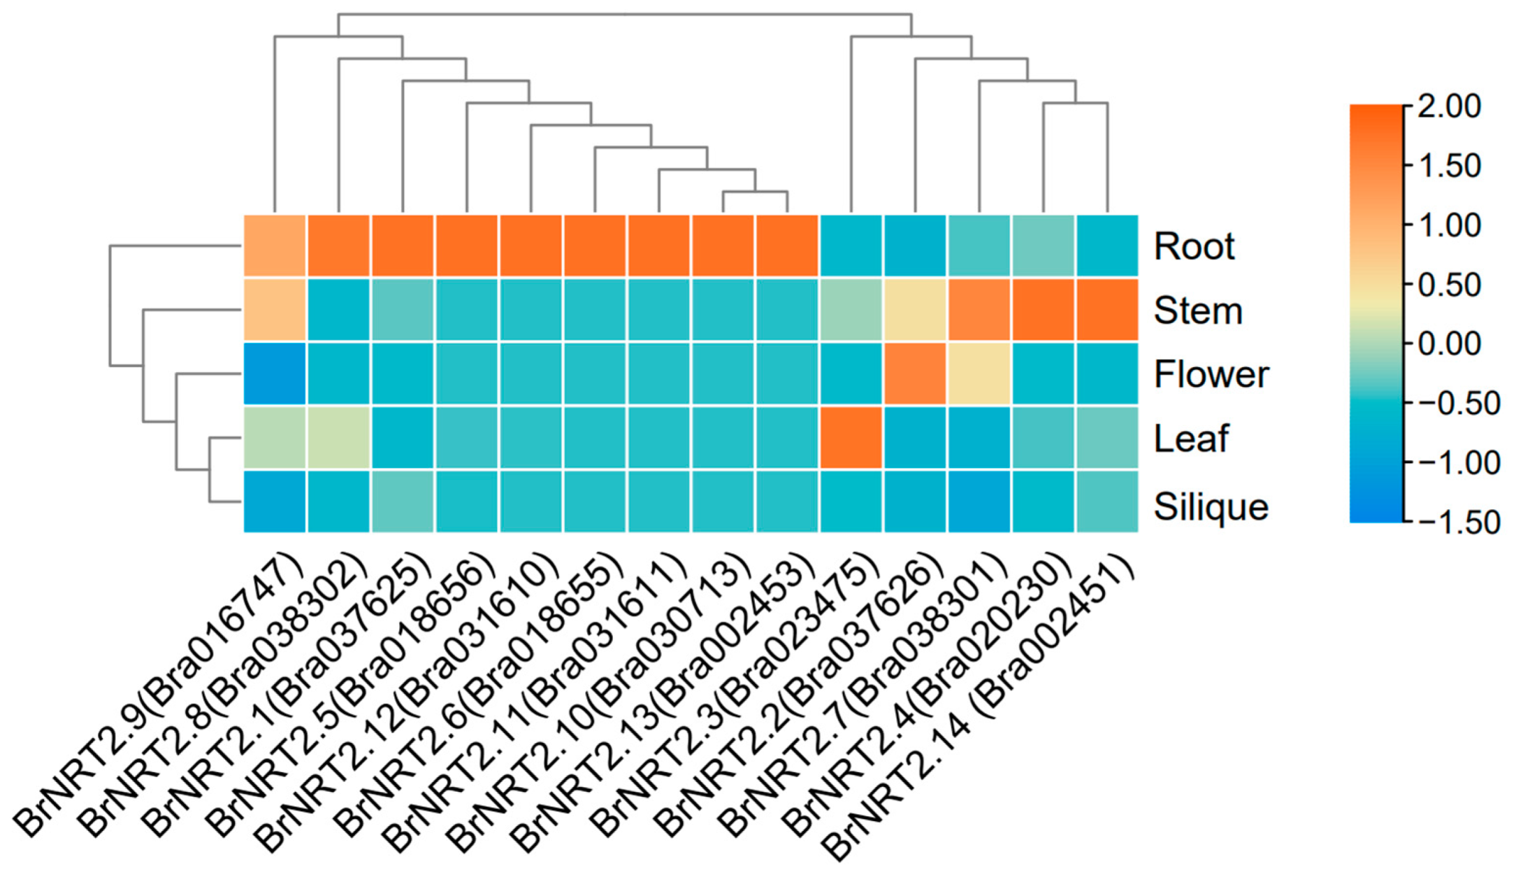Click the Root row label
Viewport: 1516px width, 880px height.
(1194, 246)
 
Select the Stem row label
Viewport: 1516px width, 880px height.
(1198, 311)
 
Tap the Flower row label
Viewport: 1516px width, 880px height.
(1211, 374)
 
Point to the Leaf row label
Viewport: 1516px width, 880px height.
(1191, 439)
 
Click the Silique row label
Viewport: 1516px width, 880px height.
(1211, 506)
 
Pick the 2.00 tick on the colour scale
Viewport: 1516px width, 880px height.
(1450, 106)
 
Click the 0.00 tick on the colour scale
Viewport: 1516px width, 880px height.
(1450, 344)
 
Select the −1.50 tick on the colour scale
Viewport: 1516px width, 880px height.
(1457, 523)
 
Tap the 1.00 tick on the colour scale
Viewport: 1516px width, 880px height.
(1450, 225)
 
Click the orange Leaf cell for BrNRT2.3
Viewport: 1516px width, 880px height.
(851, 438)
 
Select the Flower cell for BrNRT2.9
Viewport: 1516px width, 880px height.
(275, 374)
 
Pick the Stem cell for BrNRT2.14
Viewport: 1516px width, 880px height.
(1107, 310)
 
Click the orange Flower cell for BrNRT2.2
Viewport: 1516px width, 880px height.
(915, 374)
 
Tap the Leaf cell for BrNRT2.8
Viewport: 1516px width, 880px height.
(338, 438)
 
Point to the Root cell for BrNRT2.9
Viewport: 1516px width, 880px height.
(275, 246)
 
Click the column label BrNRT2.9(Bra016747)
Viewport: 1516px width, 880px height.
(161, 700)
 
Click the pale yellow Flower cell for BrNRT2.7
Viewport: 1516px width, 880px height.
(979, 374)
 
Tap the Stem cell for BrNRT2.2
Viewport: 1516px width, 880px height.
(915, 310)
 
